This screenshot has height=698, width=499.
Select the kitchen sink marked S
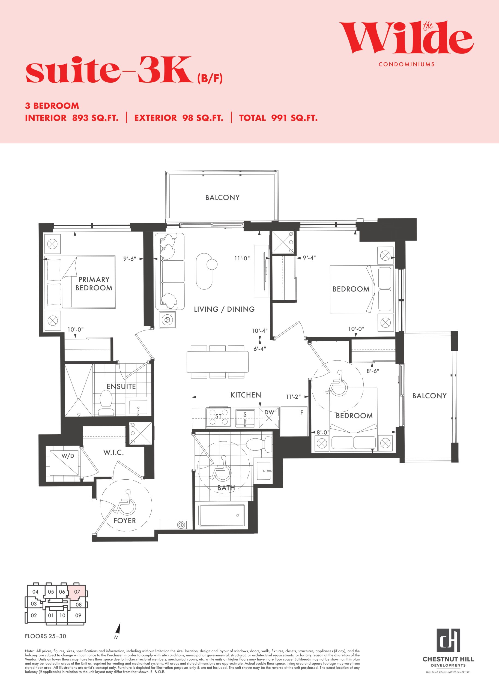[245, 418]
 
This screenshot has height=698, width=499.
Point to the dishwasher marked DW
[269, 418]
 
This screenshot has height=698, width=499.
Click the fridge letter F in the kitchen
[302, 413]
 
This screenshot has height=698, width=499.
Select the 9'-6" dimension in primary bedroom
[130, 259]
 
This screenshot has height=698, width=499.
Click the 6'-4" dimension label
[260, 349]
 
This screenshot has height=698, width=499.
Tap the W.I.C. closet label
[113, 452]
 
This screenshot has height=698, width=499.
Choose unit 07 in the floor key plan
[77, 591]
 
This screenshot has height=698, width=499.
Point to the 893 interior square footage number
[80, 118]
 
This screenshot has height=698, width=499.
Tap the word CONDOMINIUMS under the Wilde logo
[407, 65]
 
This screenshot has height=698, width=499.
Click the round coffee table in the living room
[212, 264]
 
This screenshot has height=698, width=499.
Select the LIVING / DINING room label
[224, 309]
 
